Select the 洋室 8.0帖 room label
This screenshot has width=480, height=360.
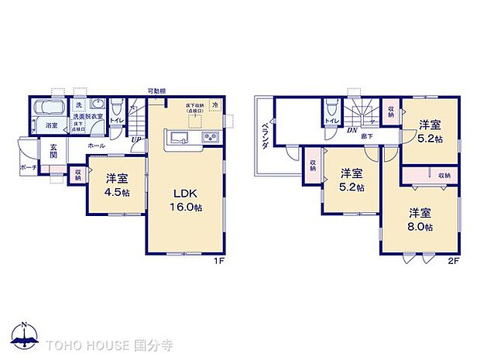tap(421, 220)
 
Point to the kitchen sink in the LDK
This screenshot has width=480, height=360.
tap(177, 139)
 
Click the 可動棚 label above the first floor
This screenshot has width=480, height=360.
tap(158, 91)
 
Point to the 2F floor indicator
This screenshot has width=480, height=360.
tap(453, 261)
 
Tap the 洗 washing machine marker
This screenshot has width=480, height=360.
tap(78, 105)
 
